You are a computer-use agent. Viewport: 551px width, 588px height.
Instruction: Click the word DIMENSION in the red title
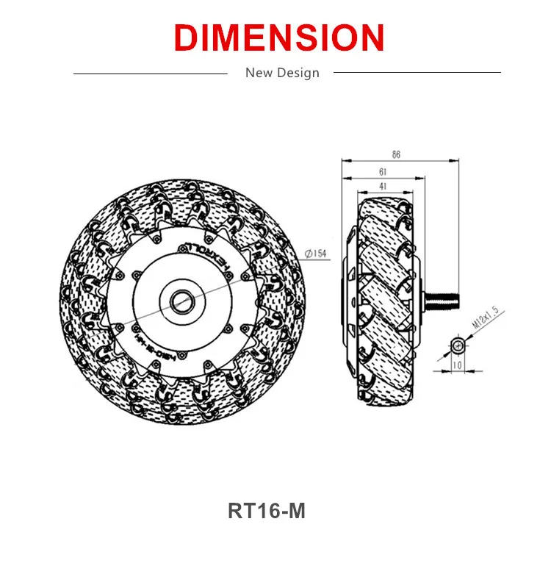[280, 37]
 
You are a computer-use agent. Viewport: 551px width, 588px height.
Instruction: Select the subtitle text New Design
[282, 73]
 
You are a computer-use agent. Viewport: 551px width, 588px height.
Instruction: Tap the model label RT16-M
[266, 511]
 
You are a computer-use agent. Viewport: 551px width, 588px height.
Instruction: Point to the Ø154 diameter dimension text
[315, 254]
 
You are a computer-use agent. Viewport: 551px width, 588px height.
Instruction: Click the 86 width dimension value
[397, 154]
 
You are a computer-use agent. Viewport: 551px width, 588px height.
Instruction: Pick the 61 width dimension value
[383, 171]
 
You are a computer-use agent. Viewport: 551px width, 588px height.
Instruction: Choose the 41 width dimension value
[383, 187]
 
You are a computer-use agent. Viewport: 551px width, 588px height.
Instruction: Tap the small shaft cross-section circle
[458, 345]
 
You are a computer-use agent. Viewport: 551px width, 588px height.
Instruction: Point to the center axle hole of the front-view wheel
[180, 300]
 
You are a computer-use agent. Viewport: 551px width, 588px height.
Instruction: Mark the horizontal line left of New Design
[151, 73]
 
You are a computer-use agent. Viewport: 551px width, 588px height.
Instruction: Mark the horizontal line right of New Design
[417, 73]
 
